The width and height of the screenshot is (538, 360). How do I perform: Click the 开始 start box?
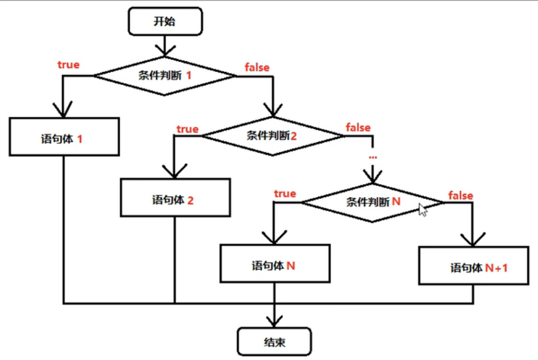pyautogui.click(x=165, y=21)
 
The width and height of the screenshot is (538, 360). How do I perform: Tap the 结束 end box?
pyautogui.click(x=274, y=342)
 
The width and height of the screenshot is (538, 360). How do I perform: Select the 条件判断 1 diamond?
pyautogui.click(x=165, y=76)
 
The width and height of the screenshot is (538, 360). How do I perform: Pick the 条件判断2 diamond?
pyautogui.click(x=273, y=136)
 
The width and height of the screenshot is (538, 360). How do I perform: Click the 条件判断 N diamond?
pyautogui.click(x=373, y=202)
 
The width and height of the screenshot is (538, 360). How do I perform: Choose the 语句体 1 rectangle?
pyautogui.click(x=64, y=137)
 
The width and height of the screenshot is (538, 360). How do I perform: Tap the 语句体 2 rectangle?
pyautogui.click(x=175, y=198)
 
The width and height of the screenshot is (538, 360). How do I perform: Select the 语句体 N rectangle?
pyautogui.click(x=275, y=263)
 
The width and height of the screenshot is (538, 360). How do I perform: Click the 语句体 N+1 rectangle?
pyautogui.click(x=474, y=266)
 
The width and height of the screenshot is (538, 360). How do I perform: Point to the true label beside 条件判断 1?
pyautogui.click(x=69, y=64)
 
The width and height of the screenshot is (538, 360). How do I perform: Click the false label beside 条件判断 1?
pyautogui.click(x=257, y=67)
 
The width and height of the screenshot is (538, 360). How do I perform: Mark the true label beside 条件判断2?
pyautogui.click(x=187, y=129)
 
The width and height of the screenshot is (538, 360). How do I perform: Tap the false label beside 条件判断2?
pyautogui.click(x=358, y=127)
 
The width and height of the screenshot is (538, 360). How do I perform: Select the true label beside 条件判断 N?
pyautogui.click(x=285, y=194)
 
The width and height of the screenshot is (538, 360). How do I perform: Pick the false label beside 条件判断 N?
pyautogui.click(x=461, y=195)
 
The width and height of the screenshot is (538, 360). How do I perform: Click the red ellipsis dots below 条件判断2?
pyautogui.click(x=373, y=158)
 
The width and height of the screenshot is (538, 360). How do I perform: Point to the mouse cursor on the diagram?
pyautogui.click(x=422, y=210)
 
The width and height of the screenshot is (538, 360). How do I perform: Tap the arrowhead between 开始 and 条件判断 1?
pyautogui.click(x=165, y=50)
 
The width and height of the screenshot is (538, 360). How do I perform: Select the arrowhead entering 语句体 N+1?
pyautogui.click(x=473, y=240)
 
